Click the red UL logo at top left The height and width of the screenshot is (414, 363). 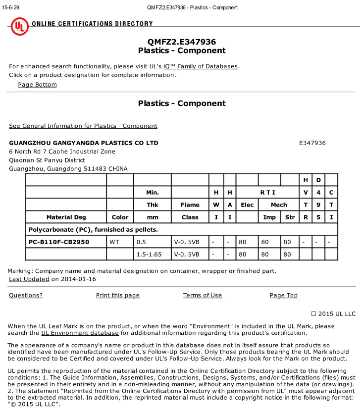(20, 26)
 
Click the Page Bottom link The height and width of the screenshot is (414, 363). (37, 84)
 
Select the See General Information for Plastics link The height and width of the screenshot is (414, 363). (83, 126)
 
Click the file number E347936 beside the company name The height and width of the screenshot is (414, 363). (312, 143)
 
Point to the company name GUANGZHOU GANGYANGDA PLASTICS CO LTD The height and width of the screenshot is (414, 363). (84, 143)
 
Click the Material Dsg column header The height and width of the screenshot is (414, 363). (66, 217)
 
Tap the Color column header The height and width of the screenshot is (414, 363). (120, 217)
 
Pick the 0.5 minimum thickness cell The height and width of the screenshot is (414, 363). (142, 242)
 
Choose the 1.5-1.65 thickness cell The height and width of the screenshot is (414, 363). (149, 254)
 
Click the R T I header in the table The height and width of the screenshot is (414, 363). (267, 192)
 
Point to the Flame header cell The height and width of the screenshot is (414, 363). (190, 205)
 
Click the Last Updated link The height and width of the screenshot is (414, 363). (29, 279)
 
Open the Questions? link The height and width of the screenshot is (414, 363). (26, 295)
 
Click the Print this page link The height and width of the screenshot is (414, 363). (118, 295)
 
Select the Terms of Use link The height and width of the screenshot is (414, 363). (203, 295)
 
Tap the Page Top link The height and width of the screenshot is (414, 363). (284, 295)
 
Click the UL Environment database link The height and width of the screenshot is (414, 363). (80, 333)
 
